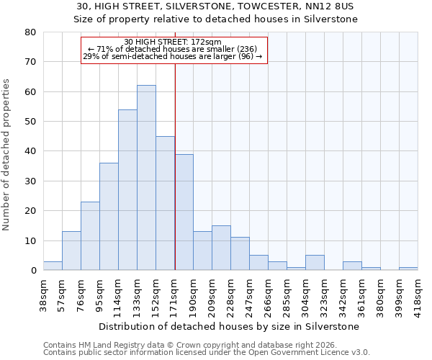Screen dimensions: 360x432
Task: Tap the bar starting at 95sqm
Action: pyautogui.click(x=109, y=217)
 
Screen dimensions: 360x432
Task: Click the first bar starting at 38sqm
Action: pyautogui.click(x=53, y=266)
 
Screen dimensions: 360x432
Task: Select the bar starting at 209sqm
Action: pyautogui.click(x=221, y=248)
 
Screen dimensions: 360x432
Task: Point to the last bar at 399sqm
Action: pyautogui.click(x=408, y=269)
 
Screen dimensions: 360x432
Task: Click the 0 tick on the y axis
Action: pyautogui.click(x=33, y=271)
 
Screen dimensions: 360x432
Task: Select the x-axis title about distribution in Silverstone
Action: pyautogui.click(x=230, y=326)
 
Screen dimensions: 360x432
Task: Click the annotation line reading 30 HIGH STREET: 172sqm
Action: pyautogui.click(x=173, y=42)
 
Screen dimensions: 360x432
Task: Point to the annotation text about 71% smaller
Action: pyautogui.click(x=173, y=49)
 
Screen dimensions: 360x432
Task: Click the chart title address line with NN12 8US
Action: pyautogui.click(x=216, y=6)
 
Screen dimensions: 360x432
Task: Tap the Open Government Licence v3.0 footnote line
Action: pyautogui.click(x=206, y=352)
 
